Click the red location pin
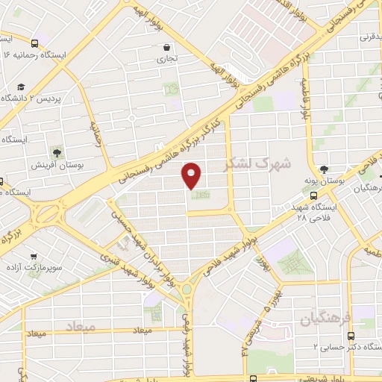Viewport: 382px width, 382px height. coord(192,175)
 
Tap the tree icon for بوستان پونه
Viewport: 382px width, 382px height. coord(324,169)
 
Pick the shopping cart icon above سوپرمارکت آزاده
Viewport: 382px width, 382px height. coord(33,254)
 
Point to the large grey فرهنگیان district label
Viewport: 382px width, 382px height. coord(325,320)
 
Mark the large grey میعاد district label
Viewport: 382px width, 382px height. coord(81,328)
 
